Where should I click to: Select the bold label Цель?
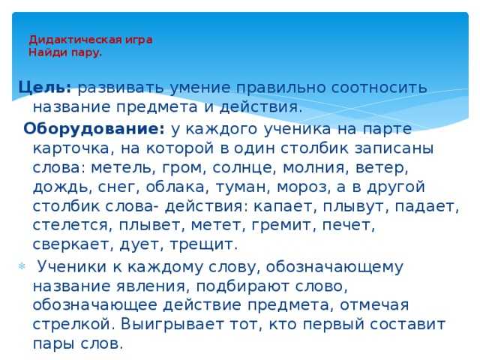tap(45, 87)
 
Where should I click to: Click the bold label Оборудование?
tap(94, 128)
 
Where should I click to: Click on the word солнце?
tap(242, 168)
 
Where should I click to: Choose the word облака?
tap(175, 187)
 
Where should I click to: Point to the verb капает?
tap(284, 206)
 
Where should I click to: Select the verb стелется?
tap(70, 226)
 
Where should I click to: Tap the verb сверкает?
tap(73, 244)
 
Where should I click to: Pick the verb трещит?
tap(203, 245)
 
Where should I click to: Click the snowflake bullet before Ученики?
tap(22, 266)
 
